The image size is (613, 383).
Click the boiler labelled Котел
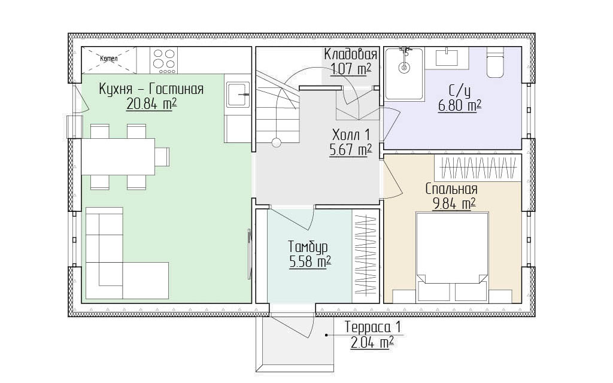[109, 60]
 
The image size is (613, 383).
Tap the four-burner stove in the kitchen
[164, 60]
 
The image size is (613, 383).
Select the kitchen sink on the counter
[238, 94]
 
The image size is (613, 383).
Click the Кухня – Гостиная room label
[151, 89]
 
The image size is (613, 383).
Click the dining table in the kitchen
[118, 156]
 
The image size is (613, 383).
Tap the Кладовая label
[351, 54]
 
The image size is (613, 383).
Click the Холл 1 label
[351, 135]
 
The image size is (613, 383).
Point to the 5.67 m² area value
[351, 150]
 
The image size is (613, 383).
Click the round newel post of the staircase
[277, 142]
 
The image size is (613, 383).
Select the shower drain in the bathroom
[404, 68]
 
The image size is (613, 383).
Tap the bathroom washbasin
[447, 57]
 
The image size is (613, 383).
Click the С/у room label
[459, 91]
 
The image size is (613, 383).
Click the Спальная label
[451, 189]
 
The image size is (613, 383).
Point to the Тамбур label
[308, 247]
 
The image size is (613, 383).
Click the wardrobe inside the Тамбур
[366, 256]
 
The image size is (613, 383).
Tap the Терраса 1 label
[372, 327]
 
